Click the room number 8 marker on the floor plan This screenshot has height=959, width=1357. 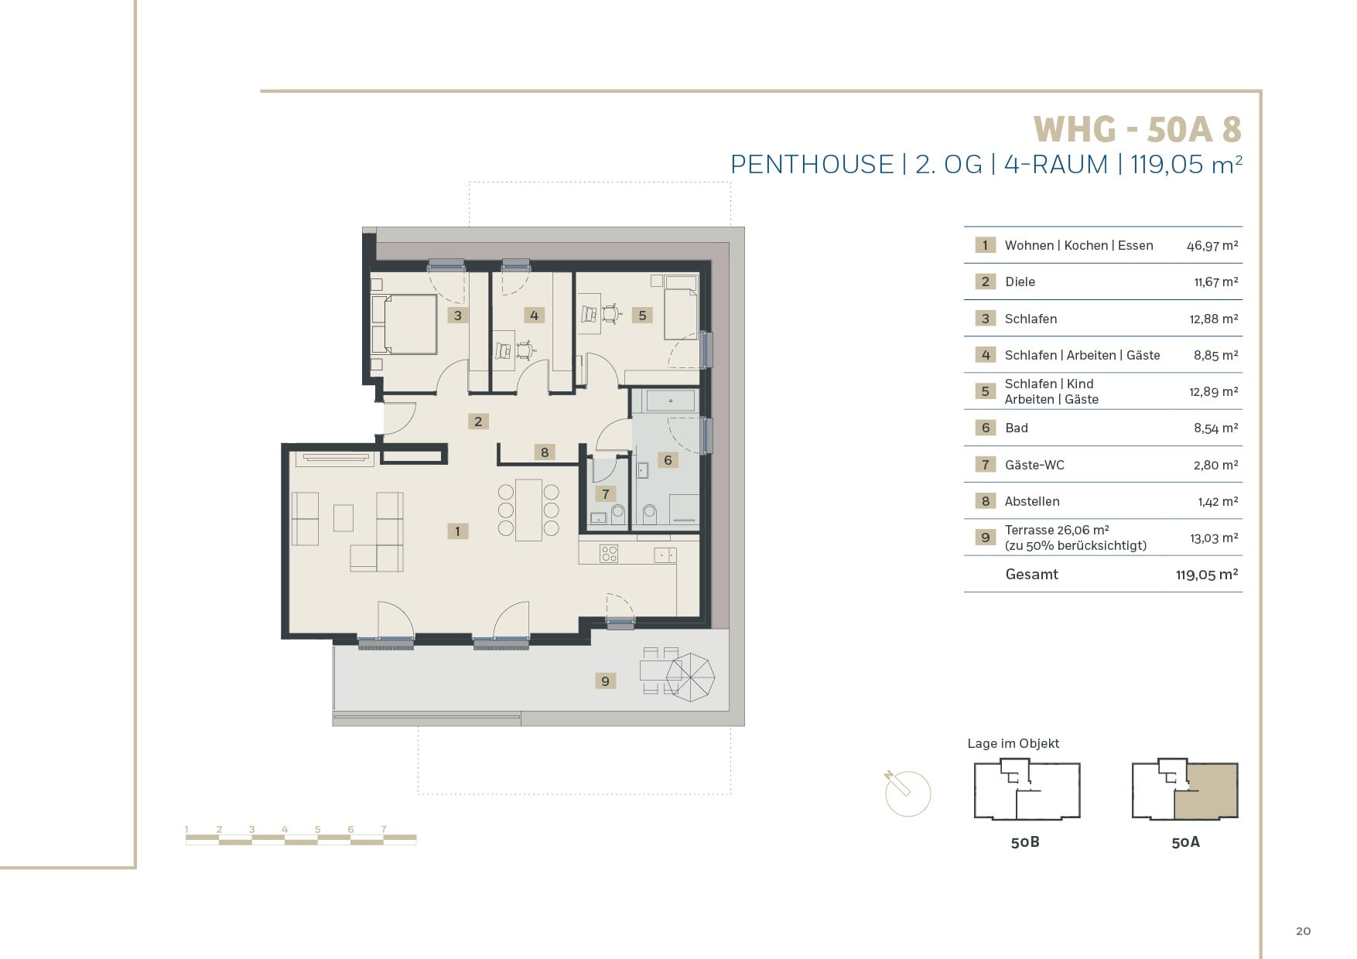click(x=545, y=452)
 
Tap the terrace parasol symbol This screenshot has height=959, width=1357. click(x=690, y=677)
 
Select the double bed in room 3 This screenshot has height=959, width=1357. click(x=405, y=323)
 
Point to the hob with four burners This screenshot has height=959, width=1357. click(x=610, y=553)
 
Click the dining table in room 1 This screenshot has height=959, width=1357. click(x=529, y=510)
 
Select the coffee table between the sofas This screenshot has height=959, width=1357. click(x=344, y=517)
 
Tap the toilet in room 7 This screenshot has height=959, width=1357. click(x=617, y=515)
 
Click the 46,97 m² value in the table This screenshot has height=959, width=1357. click(x=1212, y=246)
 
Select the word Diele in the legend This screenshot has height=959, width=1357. click(x=1020, y=282)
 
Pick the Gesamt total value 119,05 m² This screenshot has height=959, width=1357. click(x=1207, y=575)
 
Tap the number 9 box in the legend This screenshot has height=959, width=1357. click(x=985, y=538)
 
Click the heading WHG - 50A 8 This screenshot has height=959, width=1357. click(x=1137, y=129)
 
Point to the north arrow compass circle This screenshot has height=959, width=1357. click(x=908, y=793)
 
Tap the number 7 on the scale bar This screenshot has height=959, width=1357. click(x=384, y=830)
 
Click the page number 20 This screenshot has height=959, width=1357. click(x=1304, y=931)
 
